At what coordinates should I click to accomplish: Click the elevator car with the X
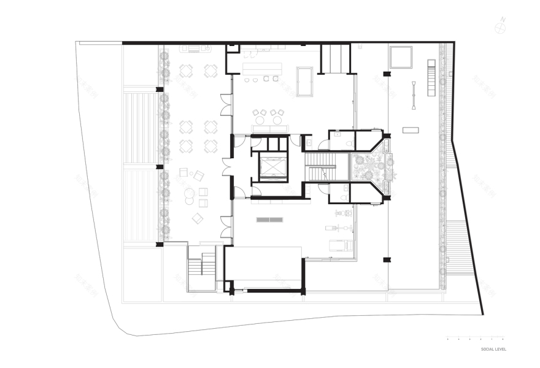[x=272, y=167]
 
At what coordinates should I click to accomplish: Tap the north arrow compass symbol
[x=501, y=26]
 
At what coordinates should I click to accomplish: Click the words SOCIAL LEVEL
[x=493, y=349]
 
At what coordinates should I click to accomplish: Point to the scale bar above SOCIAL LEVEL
[x=476, y=339]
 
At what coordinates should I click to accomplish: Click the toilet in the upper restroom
[x=349, y=144]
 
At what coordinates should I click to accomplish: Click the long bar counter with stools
[x=261, y=68]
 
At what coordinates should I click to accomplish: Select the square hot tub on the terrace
[x=400, y=56]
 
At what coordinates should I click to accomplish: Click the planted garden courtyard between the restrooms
[x=370, y=167]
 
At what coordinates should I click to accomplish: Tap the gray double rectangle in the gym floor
[x=269, y=220]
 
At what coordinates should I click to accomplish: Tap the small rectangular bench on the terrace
[x=411, y=130]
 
